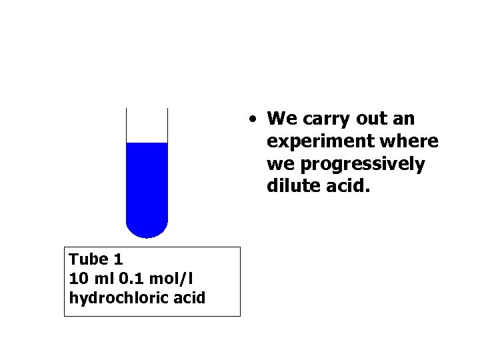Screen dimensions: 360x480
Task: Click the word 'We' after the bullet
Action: (x=279, y=119)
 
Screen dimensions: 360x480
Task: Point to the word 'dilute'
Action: (x=289, y=185)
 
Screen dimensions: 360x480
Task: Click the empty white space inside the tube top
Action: (x=147, y=125)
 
